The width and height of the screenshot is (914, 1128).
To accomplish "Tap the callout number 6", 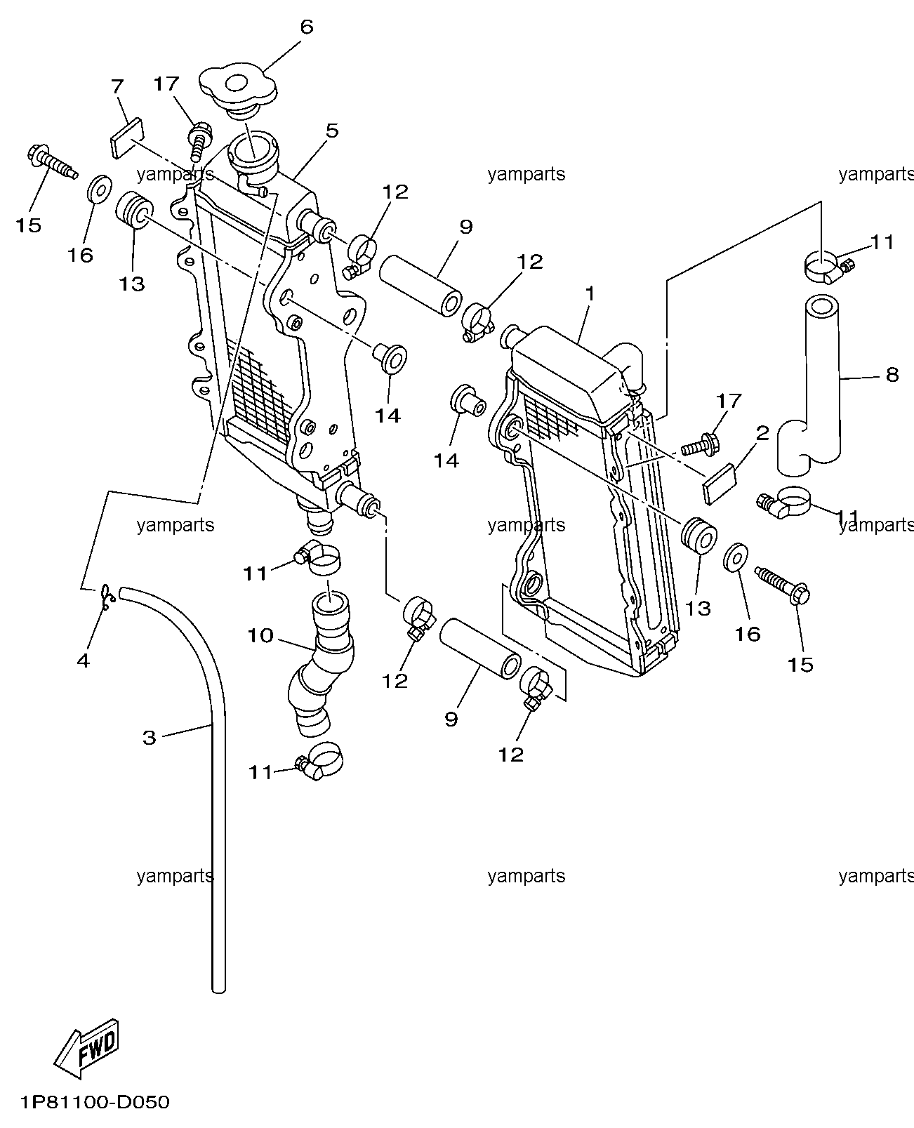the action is click(x=307, y=27).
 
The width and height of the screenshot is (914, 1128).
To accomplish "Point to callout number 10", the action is click(x=260, y=635).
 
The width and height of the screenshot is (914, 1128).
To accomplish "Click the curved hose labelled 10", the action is click(x=320, y=665).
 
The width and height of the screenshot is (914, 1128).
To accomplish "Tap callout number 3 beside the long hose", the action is click(x=150, y=738).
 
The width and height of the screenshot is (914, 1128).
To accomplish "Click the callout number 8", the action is click(x=892, y=374).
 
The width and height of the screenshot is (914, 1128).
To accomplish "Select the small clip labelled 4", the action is click(x=107, y=597).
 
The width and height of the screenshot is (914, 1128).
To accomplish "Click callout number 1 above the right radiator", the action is click(x=590, y=293).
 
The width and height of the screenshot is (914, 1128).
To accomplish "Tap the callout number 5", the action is click(x=332, y=131).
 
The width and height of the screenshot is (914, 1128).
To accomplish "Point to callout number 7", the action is click(x=117, y=86).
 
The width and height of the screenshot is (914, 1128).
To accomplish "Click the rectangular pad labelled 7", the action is click(x=127, y=138).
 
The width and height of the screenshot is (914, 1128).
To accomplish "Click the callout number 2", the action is click(x=762, y=433).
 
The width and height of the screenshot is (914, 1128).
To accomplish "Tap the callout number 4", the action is click(x=84, y=661).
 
